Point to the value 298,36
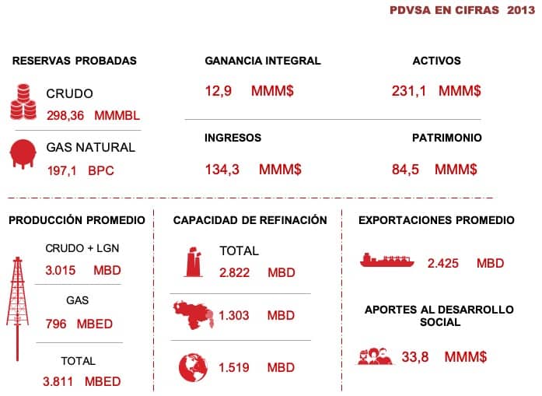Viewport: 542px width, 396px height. tap(67, 115)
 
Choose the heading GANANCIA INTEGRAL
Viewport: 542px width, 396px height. tap(262, 61)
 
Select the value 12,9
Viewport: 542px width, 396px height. tap(219, 91)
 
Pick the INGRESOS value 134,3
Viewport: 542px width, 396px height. tap(222, 169)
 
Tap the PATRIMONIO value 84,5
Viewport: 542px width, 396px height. tap(405, 169)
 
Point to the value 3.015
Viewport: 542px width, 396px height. tap(61, 271)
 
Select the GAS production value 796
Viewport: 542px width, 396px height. tap(56, 324)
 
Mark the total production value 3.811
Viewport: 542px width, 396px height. tap(59, 381)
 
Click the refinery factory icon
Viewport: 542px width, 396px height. tap(193, 261)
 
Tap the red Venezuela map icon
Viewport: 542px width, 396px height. tap(191, 314)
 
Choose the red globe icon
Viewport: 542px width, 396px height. tap(191, 366)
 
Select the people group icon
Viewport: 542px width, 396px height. tap(376, 356)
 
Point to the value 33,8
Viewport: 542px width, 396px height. tap(416, 357)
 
